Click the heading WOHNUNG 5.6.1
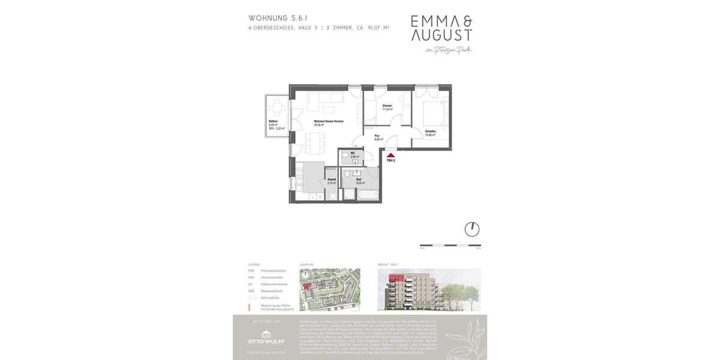click(278, 18)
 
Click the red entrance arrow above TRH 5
click(391, 155)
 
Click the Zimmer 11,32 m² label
click(387, 107)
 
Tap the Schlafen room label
click(430, 133)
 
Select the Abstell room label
click(331, 181)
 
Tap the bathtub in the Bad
click(368, 194)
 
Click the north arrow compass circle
click(472, 229)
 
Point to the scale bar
click(450, 245)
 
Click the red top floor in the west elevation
click(401, 276)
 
